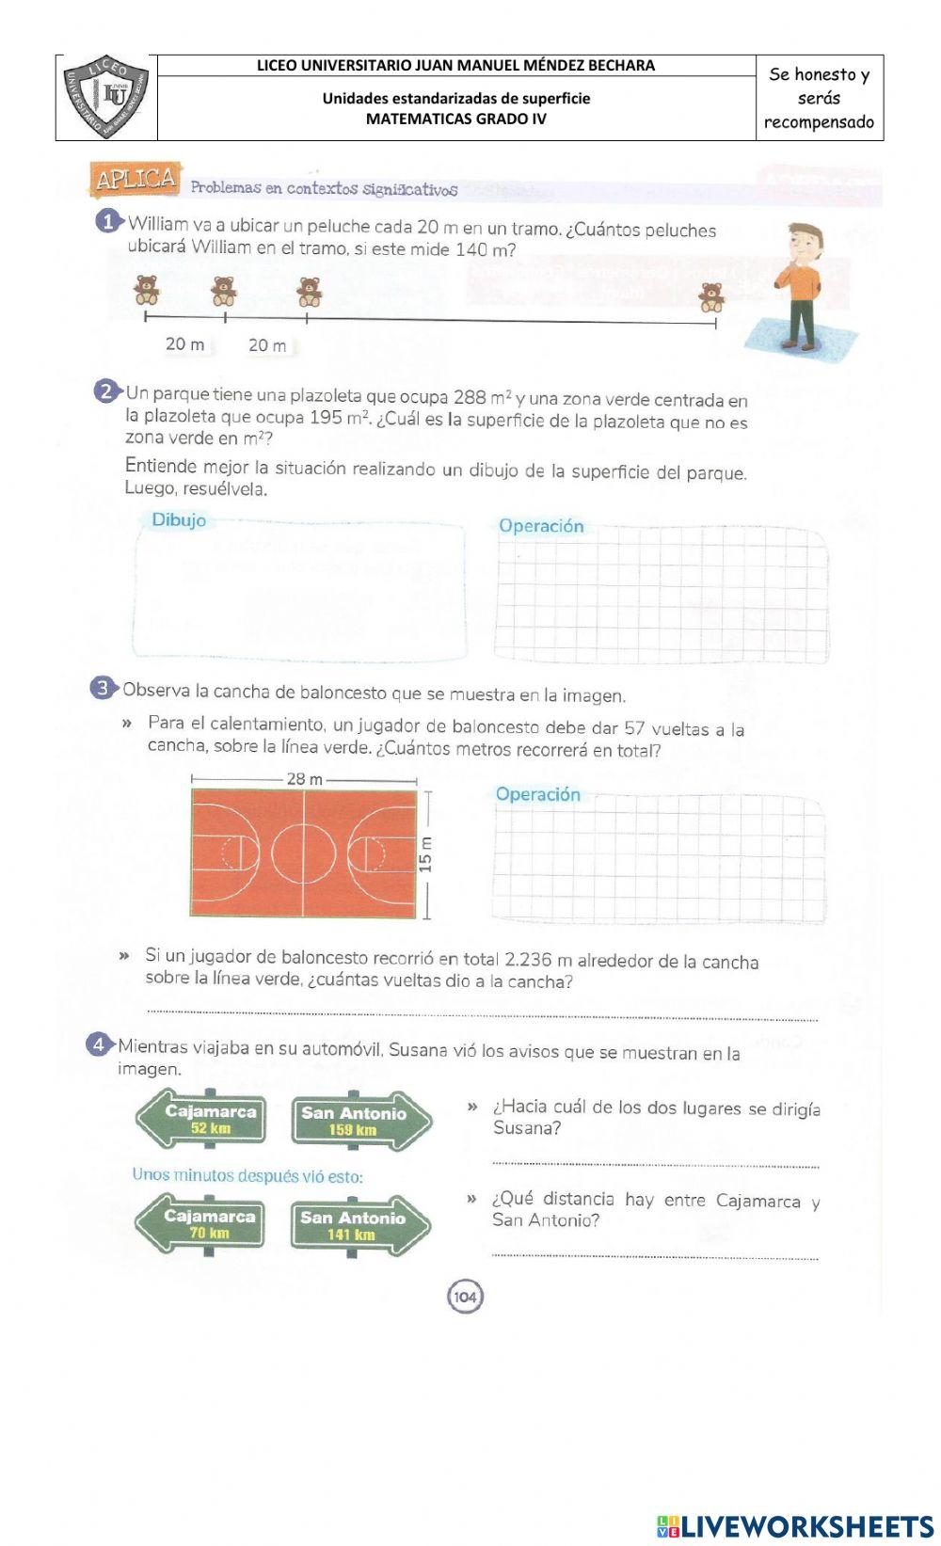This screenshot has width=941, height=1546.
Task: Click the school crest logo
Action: pos(105,97)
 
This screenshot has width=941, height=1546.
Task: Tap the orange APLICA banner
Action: pos(135,179)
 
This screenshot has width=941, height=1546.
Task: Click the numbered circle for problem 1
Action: pos(109,222)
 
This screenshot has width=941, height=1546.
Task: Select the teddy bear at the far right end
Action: pos(711,296)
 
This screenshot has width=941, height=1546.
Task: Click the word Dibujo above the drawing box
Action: pos(179,520)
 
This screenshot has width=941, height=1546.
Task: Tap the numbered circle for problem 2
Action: pos(106,391)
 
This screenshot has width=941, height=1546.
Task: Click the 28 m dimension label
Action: pos(304,779)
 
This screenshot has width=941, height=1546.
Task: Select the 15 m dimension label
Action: pos(426,854)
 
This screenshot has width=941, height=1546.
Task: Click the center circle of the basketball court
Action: pos(303,853)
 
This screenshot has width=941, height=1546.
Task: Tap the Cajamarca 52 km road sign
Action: pos(201,1119)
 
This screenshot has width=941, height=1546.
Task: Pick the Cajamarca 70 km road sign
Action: pos(200,1223)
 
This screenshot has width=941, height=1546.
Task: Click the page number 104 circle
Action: pos(465,1298)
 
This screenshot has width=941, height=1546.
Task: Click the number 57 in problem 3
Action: pos(634,728)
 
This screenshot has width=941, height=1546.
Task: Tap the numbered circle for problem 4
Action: pos(99,1044)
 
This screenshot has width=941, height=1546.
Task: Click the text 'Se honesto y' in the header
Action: pos(819,74)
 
